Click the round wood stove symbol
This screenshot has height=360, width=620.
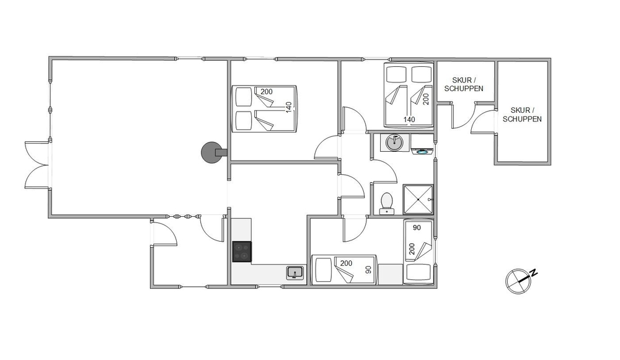tap(211, 152)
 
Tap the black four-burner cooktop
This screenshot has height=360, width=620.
tap(242, 252)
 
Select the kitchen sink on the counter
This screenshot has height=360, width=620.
tap(295, 273)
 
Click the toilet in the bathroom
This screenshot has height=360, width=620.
tap(386, 203)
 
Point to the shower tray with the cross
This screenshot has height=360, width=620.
tap(418, 200)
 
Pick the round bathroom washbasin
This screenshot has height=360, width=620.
tap(394, 143)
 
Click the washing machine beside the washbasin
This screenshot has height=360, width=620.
tap(422, 144)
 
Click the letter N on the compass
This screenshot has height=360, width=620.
tap(534, 272)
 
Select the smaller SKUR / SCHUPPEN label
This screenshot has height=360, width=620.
tap(463, 84)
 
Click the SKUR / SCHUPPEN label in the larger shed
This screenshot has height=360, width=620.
tap(522, 115)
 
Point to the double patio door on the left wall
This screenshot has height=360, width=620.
tap(37, 165)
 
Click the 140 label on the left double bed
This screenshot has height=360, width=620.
tap(289, 107)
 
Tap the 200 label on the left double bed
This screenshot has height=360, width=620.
tap(267, 92)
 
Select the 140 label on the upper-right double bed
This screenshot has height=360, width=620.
tap(409, 120)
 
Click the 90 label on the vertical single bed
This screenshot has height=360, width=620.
tap(417, 227)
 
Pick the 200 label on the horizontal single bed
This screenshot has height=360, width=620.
tap(346, 263)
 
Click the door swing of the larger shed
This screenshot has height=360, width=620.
tap(483, 122)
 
